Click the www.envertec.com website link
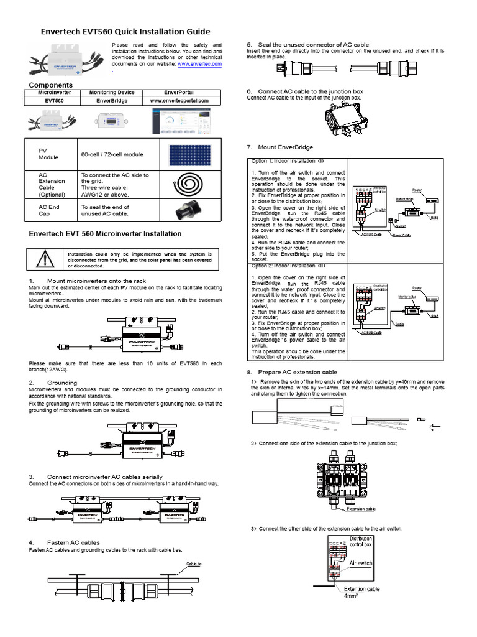click(x=199, y=63)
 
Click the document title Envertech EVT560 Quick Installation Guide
click(x=125, y=31)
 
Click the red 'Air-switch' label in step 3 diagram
click(x=361, y=563)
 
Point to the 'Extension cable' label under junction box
click(x=360, y=508)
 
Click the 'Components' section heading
click(x=51, y=85)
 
